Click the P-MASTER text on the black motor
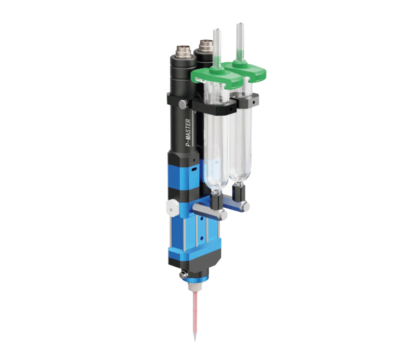(x=188, y=133)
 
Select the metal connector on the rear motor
(x=205, y=45)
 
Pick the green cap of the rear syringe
(x=245, y=69)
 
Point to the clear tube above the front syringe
(x=217, y=47)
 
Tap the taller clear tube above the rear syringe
(x=240, y=41)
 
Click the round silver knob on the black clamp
(x=183, y=104)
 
